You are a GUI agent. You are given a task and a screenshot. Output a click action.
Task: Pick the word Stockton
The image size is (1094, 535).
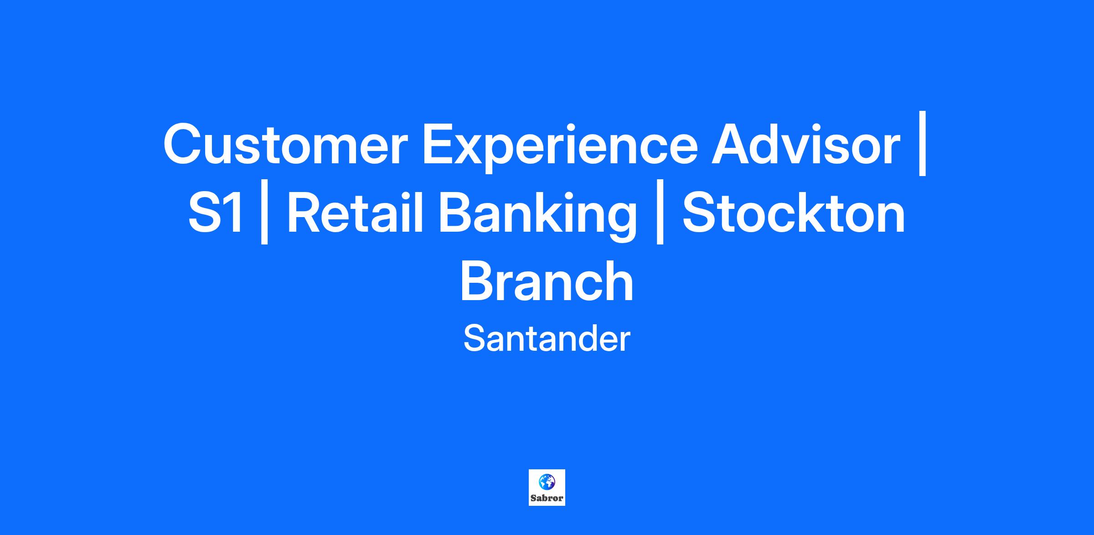point(794,213)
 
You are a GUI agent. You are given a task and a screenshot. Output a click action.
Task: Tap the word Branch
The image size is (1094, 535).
point(547,281)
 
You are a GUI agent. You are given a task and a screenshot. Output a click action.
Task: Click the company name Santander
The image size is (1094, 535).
point(547,339)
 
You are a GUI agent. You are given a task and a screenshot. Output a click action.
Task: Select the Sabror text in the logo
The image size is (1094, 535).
point(547,498)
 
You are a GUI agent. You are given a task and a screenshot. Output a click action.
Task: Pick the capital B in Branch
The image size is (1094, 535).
point(478,281)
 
